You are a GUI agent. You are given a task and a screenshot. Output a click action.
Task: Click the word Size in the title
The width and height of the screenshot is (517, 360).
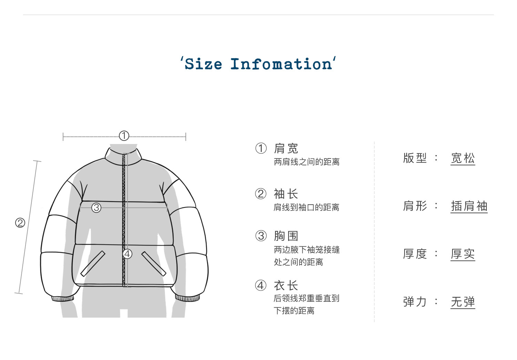(x=203, y=64)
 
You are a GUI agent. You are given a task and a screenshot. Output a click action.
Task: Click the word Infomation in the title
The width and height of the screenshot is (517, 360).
(x=281, y=64)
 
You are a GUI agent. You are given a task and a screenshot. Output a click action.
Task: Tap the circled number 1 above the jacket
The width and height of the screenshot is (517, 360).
(x=124, y=136)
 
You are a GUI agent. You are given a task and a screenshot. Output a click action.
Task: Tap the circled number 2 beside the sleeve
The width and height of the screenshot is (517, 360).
(x=20, y=223)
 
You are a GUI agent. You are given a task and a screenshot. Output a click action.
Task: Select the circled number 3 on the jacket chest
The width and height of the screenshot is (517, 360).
(x=96, y=207)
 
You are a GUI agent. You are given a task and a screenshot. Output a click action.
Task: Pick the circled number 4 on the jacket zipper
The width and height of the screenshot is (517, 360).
(x=128, y=254)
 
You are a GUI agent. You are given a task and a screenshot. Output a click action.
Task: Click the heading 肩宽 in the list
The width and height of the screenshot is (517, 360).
(x=286, y=148)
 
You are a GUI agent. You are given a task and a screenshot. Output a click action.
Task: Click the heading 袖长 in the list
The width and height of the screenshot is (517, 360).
(x=286, y=194)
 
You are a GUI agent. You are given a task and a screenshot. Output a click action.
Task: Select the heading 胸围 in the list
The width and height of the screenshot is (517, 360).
(x=286, y=236)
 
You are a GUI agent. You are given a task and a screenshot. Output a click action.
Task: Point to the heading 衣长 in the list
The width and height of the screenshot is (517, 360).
(x=286, y=285)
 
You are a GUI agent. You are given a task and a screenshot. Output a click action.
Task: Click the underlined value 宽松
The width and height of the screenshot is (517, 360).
(x=463, y=158)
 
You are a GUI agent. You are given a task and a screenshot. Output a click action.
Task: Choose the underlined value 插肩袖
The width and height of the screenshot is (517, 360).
(x=469, y=206)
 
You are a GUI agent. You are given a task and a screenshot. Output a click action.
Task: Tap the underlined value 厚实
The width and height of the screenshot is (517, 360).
(x=463, y=254)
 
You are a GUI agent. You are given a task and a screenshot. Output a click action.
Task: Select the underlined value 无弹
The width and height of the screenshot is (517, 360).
(x=463, y=302)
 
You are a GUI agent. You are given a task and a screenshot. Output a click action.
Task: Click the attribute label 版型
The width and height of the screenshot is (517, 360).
(x=415, y=158)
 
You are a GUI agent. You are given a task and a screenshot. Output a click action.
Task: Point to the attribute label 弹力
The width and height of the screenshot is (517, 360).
(x=415, y=302)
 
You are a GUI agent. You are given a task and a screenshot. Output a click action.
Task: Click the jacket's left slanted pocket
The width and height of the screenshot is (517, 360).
(x=93, y=264)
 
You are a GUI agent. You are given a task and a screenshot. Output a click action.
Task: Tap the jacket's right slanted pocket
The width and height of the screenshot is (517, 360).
(x=154, y=264)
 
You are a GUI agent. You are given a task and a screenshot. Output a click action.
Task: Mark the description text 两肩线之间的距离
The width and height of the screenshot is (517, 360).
(x=306, y=162)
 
